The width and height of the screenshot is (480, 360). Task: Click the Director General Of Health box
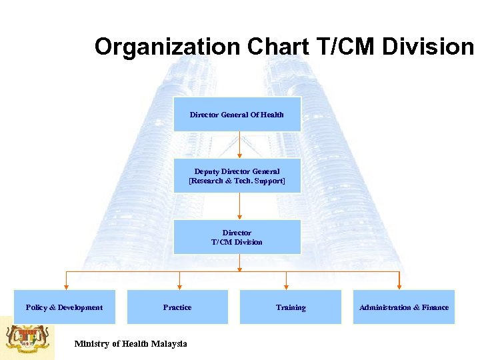click(x=237, y=114)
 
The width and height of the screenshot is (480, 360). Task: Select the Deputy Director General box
click(x=237, y=176)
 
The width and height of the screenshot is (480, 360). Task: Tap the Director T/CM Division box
click(x=237, y=237)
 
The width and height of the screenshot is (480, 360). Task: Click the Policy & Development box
click(x=65, y=307)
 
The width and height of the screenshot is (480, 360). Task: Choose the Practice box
click(x=177, y=307)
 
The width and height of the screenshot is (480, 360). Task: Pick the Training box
click(x=290, y=307)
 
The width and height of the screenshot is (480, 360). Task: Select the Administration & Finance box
click(x=403, y=307)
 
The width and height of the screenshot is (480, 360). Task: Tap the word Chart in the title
click(x=276, y=47)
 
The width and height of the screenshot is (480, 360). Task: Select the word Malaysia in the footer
click(x=169, y=344)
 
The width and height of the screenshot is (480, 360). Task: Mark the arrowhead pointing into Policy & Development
click(x=65, y=285)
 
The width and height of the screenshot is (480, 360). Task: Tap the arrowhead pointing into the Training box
click(x=286, y=285)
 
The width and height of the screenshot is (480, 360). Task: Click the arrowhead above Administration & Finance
click(x=399, y=285)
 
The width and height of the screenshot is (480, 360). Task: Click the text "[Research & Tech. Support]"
click(x=237, y=181)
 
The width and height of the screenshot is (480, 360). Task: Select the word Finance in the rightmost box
click(x=435, y=307)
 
